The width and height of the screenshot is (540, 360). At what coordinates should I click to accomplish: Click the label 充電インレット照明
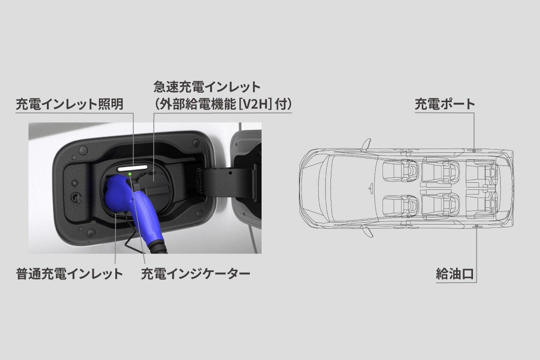point(69,104)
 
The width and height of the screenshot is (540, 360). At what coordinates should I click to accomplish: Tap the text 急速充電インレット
point(207,87)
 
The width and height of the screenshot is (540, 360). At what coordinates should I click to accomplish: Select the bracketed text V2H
point(255,104)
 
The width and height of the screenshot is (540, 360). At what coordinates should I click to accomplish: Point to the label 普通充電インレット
point(69,274)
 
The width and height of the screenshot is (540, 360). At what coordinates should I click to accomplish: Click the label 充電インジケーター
point(195,274)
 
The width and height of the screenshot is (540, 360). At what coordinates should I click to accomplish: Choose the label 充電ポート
point(445,104)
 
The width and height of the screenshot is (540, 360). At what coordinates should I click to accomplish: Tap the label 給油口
point(455,274)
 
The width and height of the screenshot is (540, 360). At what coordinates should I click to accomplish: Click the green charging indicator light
point(130,174)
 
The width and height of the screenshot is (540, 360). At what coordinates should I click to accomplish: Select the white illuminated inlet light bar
point(133,168)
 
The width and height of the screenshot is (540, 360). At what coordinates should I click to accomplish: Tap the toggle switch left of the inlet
point(75,197)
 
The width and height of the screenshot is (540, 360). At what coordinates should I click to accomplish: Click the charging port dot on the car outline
point(474,150)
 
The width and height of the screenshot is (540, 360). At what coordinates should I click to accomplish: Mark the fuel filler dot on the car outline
point(477,226)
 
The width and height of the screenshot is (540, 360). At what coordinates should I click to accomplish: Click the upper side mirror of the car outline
point(367,144)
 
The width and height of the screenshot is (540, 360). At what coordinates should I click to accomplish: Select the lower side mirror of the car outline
point(368,232)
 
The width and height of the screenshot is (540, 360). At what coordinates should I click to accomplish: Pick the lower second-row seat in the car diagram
point(441,206)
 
